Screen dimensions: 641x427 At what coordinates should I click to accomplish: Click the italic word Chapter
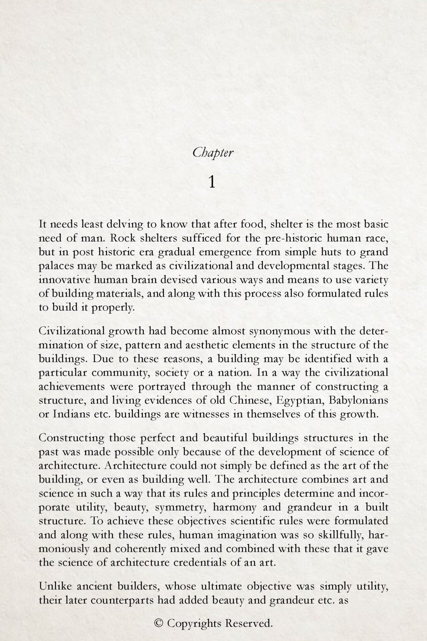[x=213, y=153]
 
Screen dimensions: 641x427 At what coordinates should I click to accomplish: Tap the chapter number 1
[x=211, y=182]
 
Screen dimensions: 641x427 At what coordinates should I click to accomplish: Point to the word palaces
[x=53, y=266]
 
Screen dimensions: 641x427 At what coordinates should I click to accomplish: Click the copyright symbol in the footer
[x=159, y=623]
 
